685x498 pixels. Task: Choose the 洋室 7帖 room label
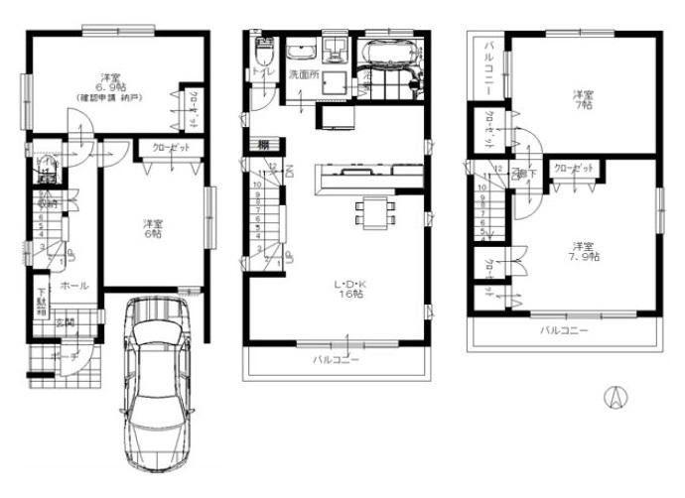click(x=583, y=98)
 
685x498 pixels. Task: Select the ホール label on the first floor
click(x=72, y=285)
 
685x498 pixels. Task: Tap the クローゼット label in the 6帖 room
click(x=172, y=147)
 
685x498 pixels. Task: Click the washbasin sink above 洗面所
click(x=299, y=49)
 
